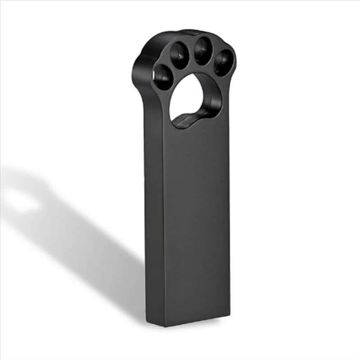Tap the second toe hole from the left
point(180,56)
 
